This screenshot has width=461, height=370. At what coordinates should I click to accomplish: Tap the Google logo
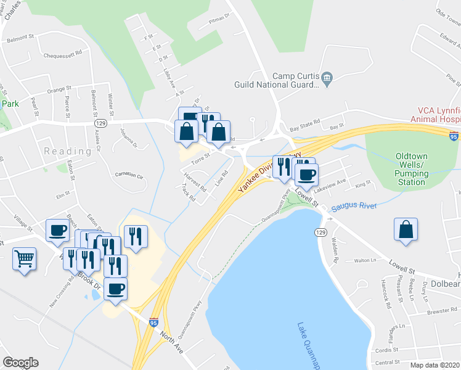click(x=20, y=363)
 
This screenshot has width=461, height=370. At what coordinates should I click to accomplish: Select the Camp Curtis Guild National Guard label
click(x=275, y=80)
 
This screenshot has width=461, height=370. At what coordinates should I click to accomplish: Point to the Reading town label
click(x=68, y=152)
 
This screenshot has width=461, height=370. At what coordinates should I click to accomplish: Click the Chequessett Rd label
click(x=63, y=55)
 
